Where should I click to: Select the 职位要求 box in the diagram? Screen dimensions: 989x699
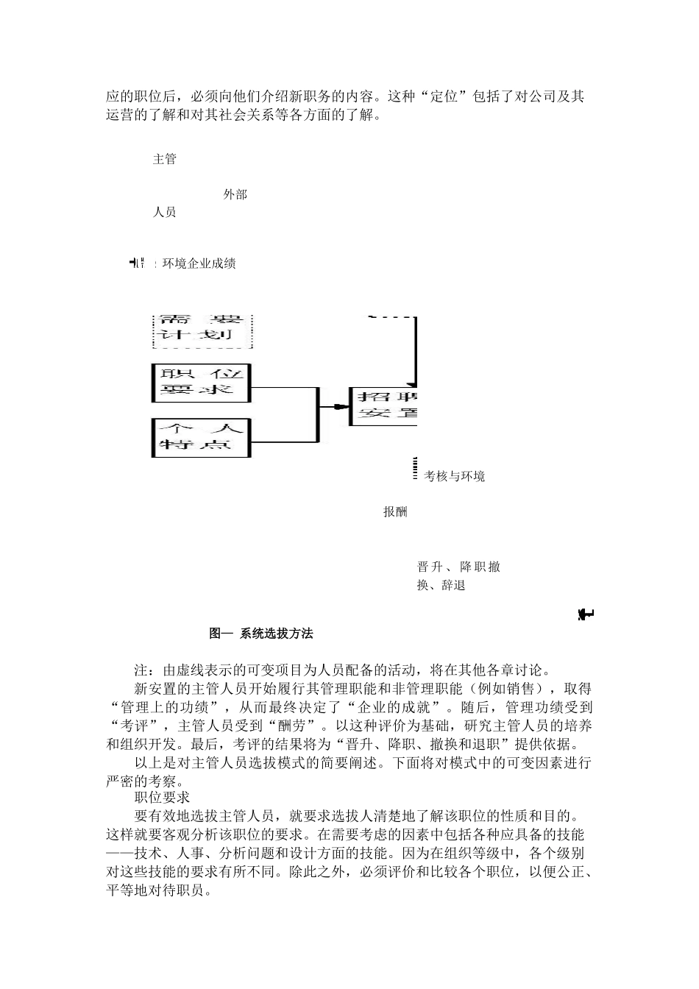[202, 383]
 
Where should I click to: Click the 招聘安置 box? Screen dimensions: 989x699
[383, 405]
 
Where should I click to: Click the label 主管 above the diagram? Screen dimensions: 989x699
[164, 159]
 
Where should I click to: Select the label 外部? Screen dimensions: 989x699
[235, 195]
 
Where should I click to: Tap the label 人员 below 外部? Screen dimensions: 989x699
[164, 213]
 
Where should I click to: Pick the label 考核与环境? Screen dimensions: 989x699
[454, 477]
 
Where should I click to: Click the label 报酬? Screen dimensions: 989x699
[395, 512]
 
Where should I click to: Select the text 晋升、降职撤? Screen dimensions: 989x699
[458, 567]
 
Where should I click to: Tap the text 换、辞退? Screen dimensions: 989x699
[441, 586]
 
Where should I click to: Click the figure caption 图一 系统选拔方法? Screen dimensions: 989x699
[261, 633]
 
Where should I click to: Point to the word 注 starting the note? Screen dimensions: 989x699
[141, 670]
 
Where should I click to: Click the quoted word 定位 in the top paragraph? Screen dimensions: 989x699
[444, 97]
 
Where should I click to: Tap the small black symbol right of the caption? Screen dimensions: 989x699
[586, 614]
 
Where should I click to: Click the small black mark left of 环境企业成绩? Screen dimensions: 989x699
[138, 263]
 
